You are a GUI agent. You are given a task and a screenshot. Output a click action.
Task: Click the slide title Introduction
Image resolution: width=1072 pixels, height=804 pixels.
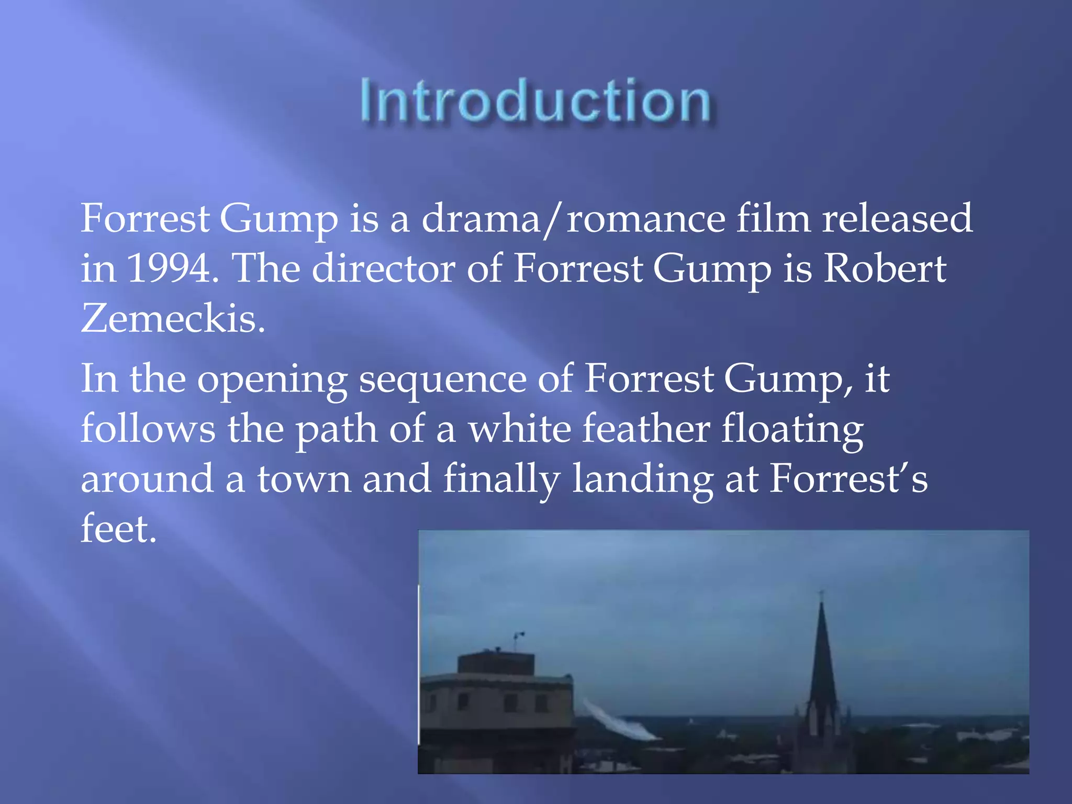coord(535,100)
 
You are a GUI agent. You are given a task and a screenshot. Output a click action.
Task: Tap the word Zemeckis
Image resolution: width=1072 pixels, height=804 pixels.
coord(173,318)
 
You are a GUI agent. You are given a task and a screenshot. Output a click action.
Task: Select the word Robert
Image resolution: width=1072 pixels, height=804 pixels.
coord(885,269)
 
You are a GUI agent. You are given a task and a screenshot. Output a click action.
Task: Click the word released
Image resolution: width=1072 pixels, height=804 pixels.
coord(897,218)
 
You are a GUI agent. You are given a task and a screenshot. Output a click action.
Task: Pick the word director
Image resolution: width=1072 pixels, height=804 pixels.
coord(384,269)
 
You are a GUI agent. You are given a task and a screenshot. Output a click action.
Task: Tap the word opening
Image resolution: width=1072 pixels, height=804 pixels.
coord(272,379)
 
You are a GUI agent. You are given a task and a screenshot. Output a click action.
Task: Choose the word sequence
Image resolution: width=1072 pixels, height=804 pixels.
coord(443,379)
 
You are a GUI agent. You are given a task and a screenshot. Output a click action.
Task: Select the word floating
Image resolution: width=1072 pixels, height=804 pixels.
coord(792,429)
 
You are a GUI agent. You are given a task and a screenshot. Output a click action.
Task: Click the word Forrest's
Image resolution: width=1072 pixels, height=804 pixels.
coord(848,478)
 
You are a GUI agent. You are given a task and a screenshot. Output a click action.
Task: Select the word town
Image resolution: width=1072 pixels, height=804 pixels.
coord(304,478)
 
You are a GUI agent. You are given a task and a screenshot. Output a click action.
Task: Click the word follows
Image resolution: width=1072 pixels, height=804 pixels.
coord(148,429)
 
